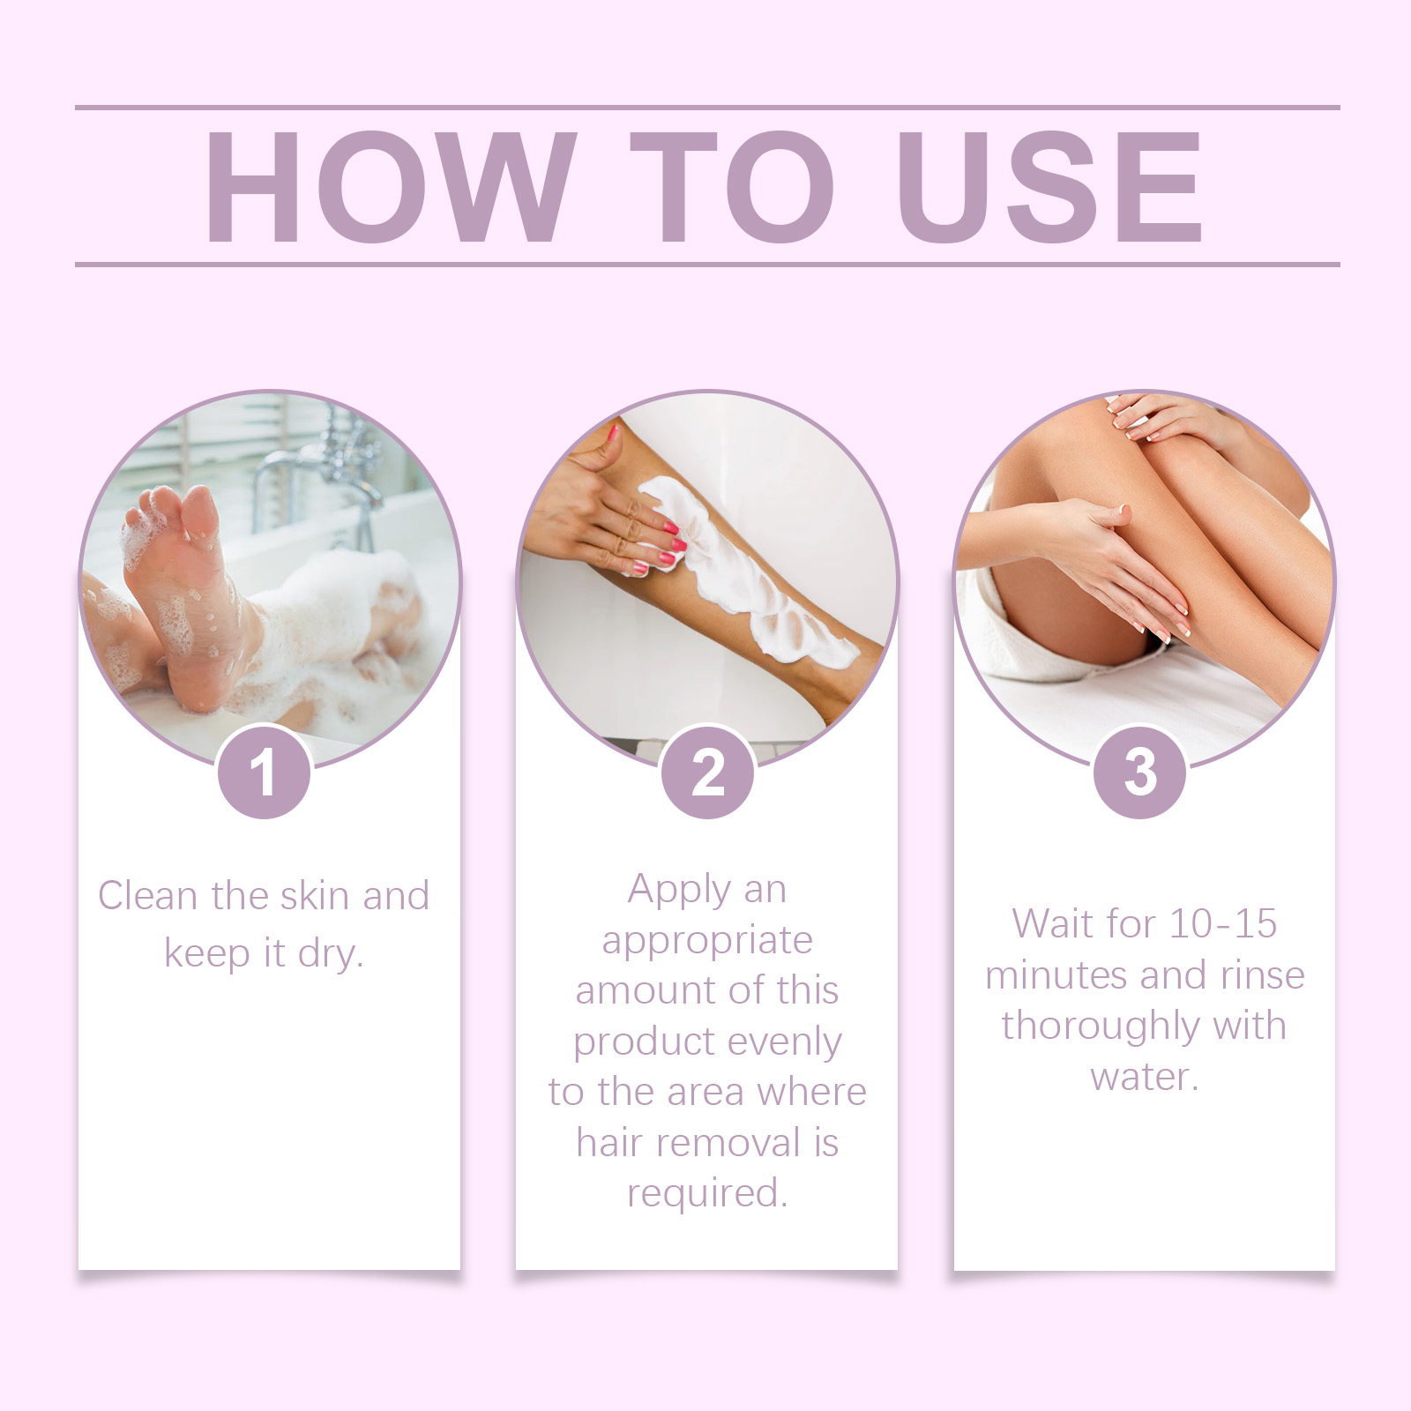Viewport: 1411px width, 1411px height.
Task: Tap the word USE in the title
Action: [x=1049, y=186]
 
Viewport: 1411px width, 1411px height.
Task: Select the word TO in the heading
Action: [x=732, y=186]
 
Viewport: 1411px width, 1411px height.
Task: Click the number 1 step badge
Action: [x=264, y=773]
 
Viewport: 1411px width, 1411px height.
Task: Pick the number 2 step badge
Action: [x=707, y=773]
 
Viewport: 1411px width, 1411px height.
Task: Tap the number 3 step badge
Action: [x=1140, y=773]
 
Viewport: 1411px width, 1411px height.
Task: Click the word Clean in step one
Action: [x=147, y=896]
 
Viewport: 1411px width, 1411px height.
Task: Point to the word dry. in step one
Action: [x=331, y=953]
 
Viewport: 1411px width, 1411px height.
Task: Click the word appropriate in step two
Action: [x=707, y=940]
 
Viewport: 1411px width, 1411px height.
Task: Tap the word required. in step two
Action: [x=707, y=1193]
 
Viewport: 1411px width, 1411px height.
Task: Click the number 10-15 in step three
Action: [x=1222, y=924]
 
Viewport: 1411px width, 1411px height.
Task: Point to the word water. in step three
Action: [x=1144, y=1077]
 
